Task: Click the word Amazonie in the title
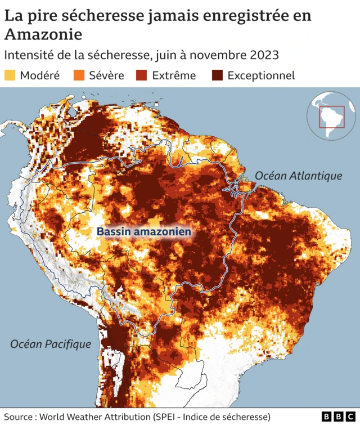pyautogui.click(x=43, y=34)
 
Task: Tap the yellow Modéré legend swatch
pyautogui.click(x=10, y=75)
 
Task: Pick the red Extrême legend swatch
pyautogui.click(x=142, y=75)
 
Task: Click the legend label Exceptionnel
pyautogui.click(x=261, y=75)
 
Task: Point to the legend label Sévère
pyautogui.click(x=106, y=75)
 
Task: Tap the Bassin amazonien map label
pyautogui.click(x=144, y=231)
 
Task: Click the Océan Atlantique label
pyautogui.click(x=298, y=176)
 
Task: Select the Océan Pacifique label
pyautogui.click(x=51, y=344)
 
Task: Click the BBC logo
pyautogui.click(x=338, y=416)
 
